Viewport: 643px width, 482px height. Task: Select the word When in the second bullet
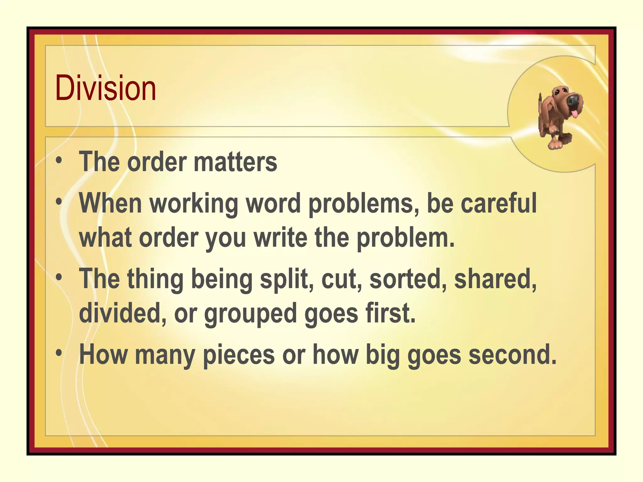[111, 203]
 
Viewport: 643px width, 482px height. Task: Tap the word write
[280, 238]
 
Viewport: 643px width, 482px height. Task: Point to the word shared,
[495, 279]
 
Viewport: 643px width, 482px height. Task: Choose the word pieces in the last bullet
[239, 355]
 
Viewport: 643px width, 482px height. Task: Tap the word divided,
[122, 313]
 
